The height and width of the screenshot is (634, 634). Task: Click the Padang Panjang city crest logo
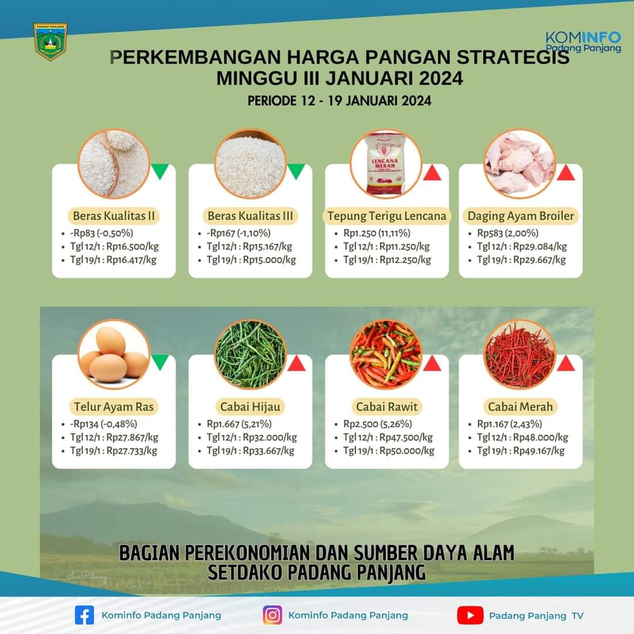(x=50, y=41)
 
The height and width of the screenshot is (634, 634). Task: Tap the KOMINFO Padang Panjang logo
(x=583, y=42)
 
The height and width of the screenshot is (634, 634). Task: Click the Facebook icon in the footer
(x=85, y=615)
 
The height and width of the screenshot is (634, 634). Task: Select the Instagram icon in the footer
(x=272, y=615)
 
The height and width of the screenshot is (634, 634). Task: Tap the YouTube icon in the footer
(x=470, y=615)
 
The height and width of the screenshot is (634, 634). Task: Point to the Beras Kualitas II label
(x=114, y=216)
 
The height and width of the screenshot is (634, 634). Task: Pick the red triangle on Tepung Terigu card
(x=432, y=173)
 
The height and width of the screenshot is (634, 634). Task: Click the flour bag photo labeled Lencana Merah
(x=386, y=163)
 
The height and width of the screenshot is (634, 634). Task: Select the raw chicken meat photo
(x=520, y=163)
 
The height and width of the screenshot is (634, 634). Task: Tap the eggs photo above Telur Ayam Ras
(x=114, y=354)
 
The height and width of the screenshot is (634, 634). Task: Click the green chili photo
(x=250, y=354)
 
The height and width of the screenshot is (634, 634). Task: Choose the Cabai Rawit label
(x=386, y=407)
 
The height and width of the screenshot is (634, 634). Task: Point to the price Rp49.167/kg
(x=539, y=450)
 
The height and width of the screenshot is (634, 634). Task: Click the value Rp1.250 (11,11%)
(x=377, y=233)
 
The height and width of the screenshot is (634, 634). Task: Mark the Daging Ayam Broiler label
(x=521, y=216)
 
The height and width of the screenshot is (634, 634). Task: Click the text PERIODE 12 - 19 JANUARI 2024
(x=339, y=101)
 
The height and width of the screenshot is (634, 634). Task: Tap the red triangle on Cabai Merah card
(x=566, y=363)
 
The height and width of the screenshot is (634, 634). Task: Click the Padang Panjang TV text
(x=536, y=616)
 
